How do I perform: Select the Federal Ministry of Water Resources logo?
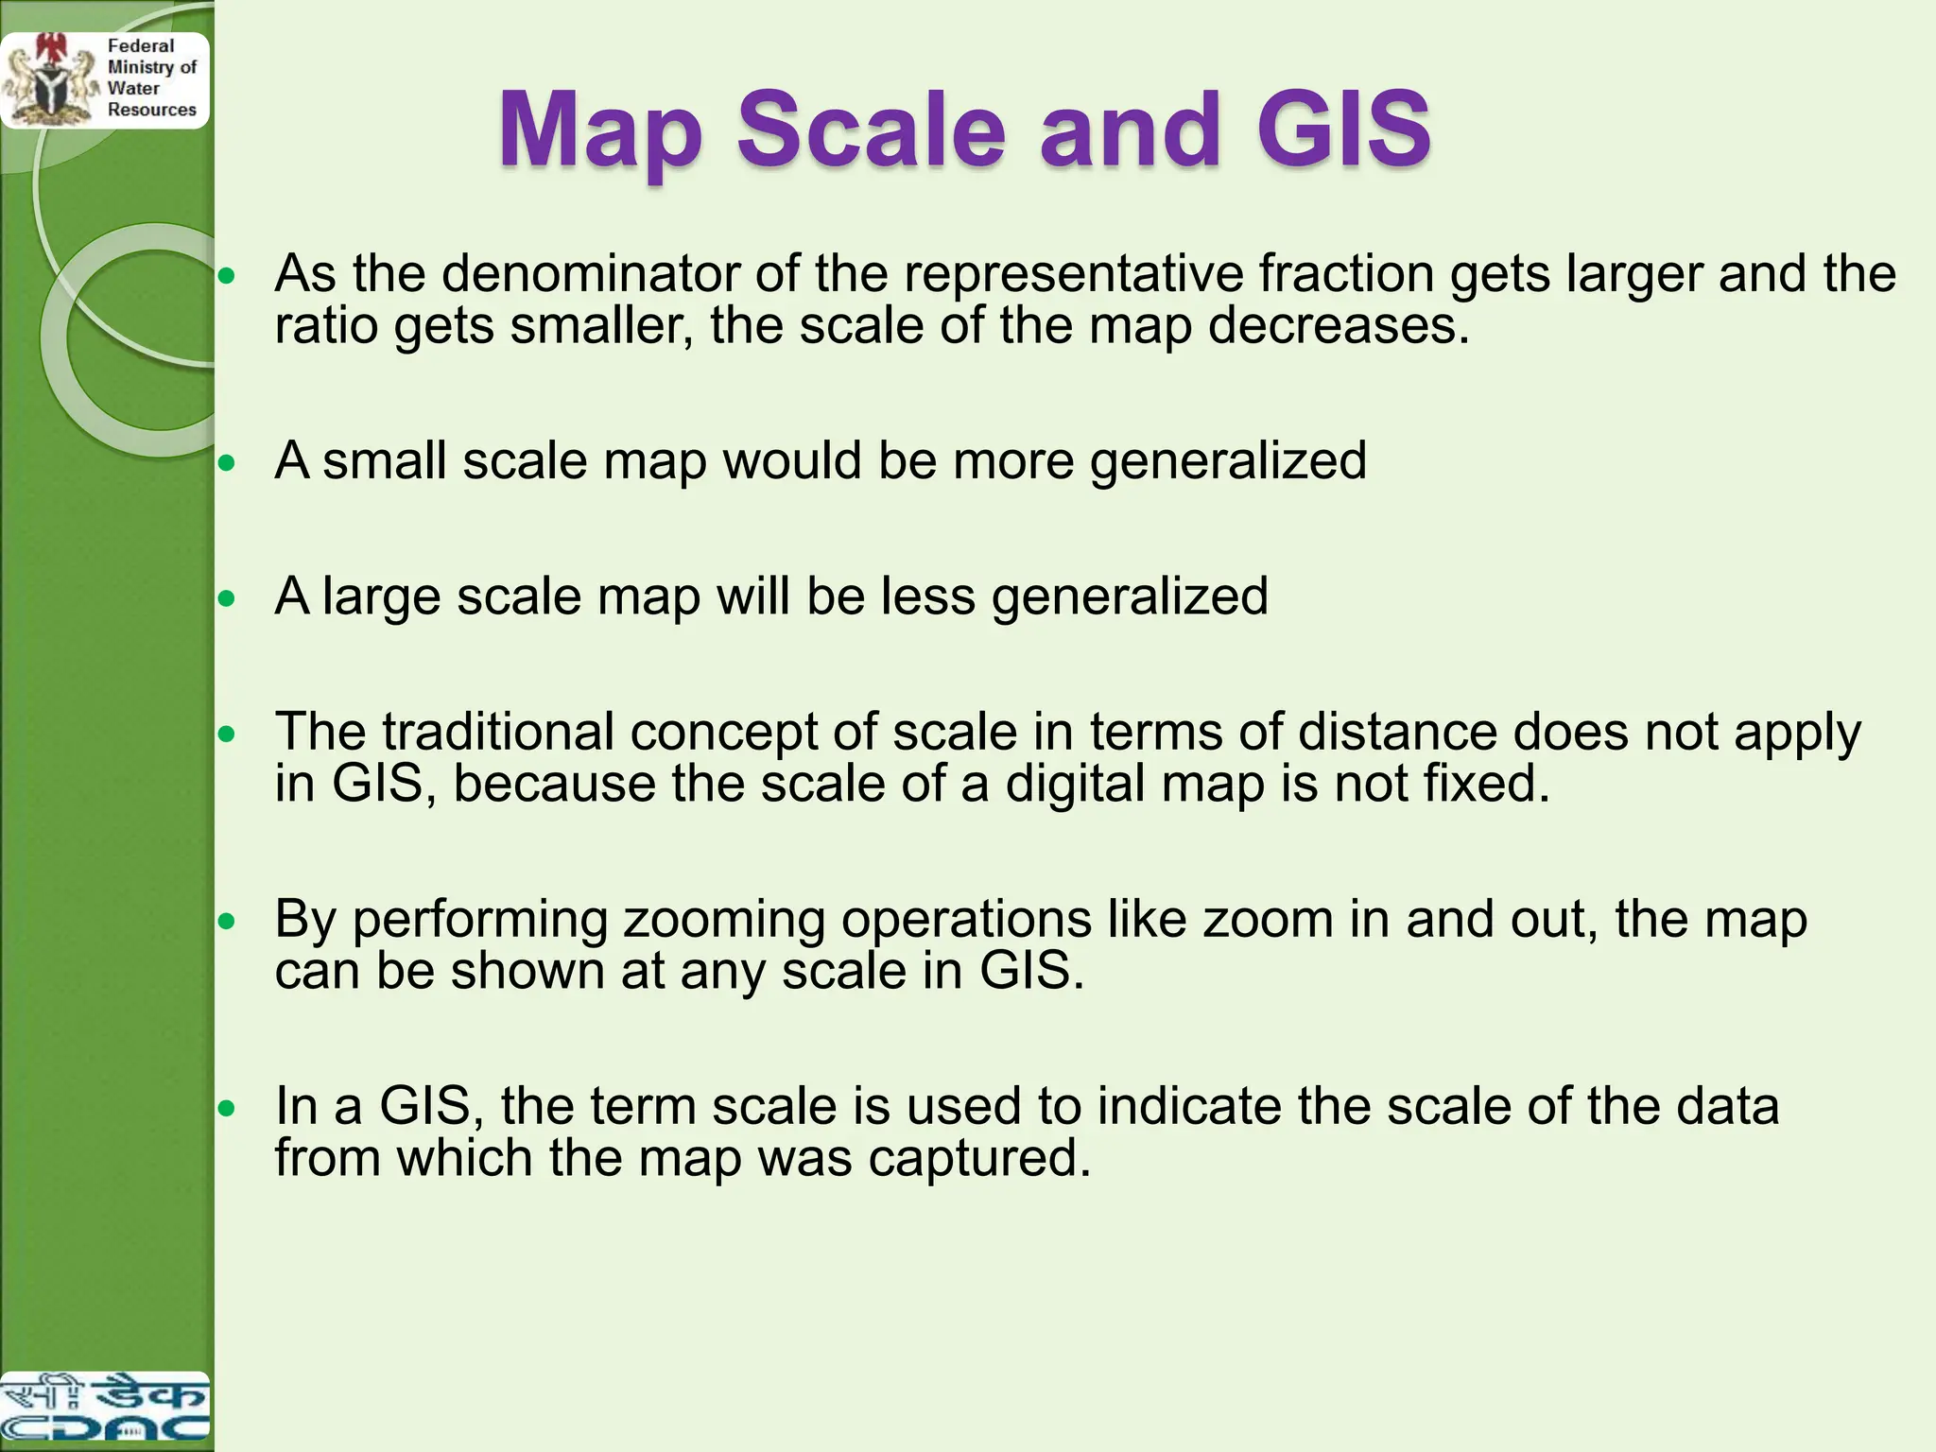104,79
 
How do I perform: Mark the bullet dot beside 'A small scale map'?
227,463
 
